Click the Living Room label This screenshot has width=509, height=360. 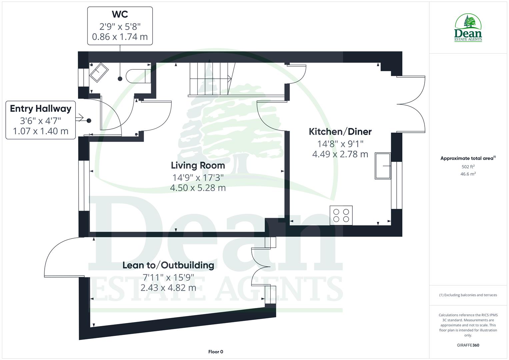(x=198, y=165)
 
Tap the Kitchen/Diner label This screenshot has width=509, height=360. (x=340, y=132)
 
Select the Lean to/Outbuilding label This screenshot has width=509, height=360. (x=168, y=265)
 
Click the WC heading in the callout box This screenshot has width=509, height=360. (x=120, y=14)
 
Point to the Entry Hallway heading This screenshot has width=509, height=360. (x=40, y=109)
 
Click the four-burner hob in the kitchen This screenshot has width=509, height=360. (x=341, y=215)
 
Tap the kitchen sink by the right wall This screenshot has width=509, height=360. (x=383, y=166)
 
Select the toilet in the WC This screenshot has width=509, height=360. (x=138, y=76)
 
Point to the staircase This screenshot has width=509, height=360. (x=210, y=79)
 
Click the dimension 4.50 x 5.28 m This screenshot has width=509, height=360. (x=198, y=188)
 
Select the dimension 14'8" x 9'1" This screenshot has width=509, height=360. (x=340, y=144)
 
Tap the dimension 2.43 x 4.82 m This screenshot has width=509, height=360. (x=168, y=288)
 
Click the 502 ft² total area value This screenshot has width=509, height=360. (x=468, y=167)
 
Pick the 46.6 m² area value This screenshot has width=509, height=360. (x=468, y=174)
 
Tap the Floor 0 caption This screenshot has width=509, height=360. (x=215, y=352)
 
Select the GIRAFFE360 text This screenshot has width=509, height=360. (x=468, y=345)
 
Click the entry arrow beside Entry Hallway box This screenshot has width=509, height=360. (x=80, y=117)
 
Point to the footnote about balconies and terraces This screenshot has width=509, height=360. (x=468, y=295)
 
